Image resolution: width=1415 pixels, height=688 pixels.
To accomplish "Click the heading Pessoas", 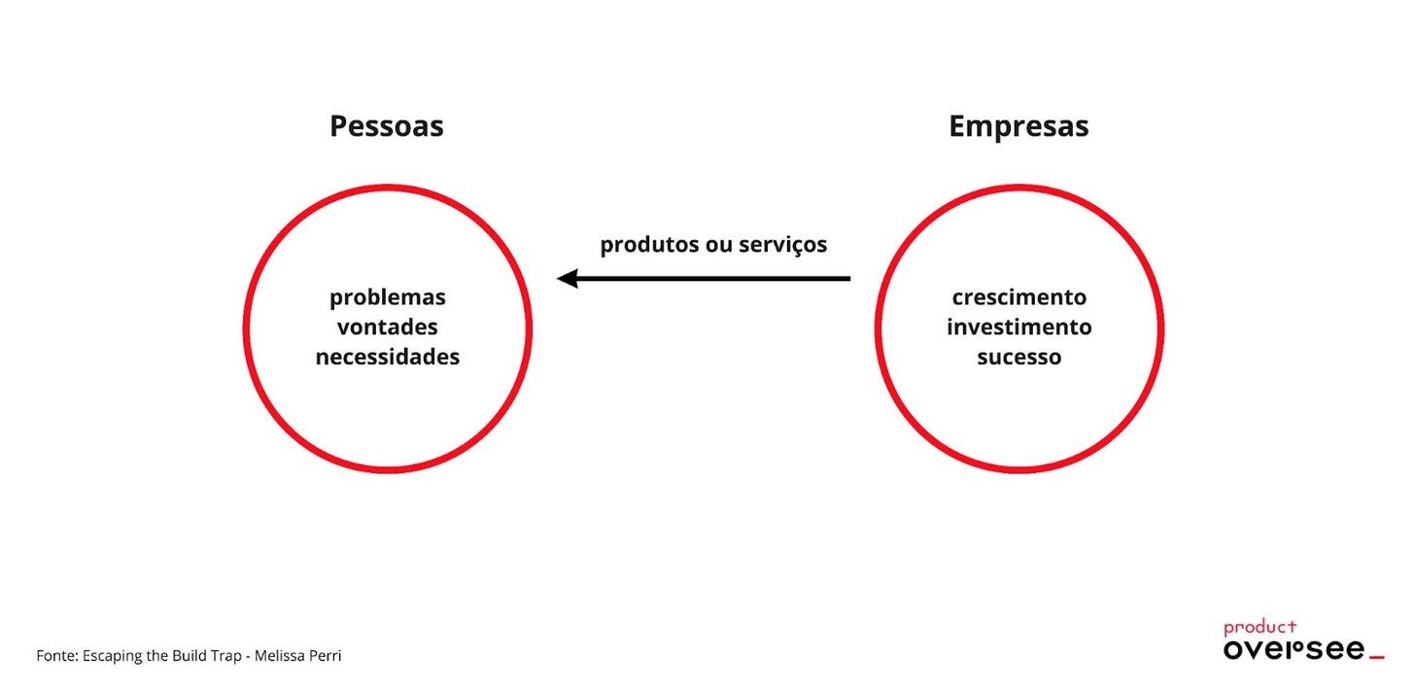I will coord(386,126).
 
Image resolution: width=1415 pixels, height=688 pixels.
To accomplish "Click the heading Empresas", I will coord(1018,126).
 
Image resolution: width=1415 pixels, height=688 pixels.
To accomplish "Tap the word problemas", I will coord(387,296).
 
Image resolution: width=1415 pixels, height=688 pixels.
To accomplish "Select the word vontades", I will coord(387,327).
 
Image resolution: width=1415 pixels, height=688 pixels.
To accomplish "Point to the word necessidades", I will coord(387,357).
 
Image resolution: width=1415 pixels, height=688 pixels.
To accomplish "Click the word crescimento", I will coord(1018,296).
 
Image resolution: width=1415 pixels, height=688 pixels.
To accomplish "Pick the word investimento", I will coord(1018,327).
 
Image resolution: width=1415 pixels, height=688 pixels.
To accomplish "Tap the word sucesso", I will coord(1018,357).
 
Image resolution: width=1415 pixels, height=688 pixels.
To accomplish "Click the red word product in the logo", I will coord(1260,628).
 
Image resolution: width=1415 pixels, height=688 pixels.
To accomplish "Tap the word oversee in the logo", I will coord(1294,650).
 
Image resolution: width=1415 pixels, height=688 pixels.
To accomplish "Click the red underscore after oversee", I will coord(1376,658).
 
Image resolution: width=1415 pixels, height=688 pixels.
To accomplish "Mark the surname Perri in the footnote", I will coord(327,656).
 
